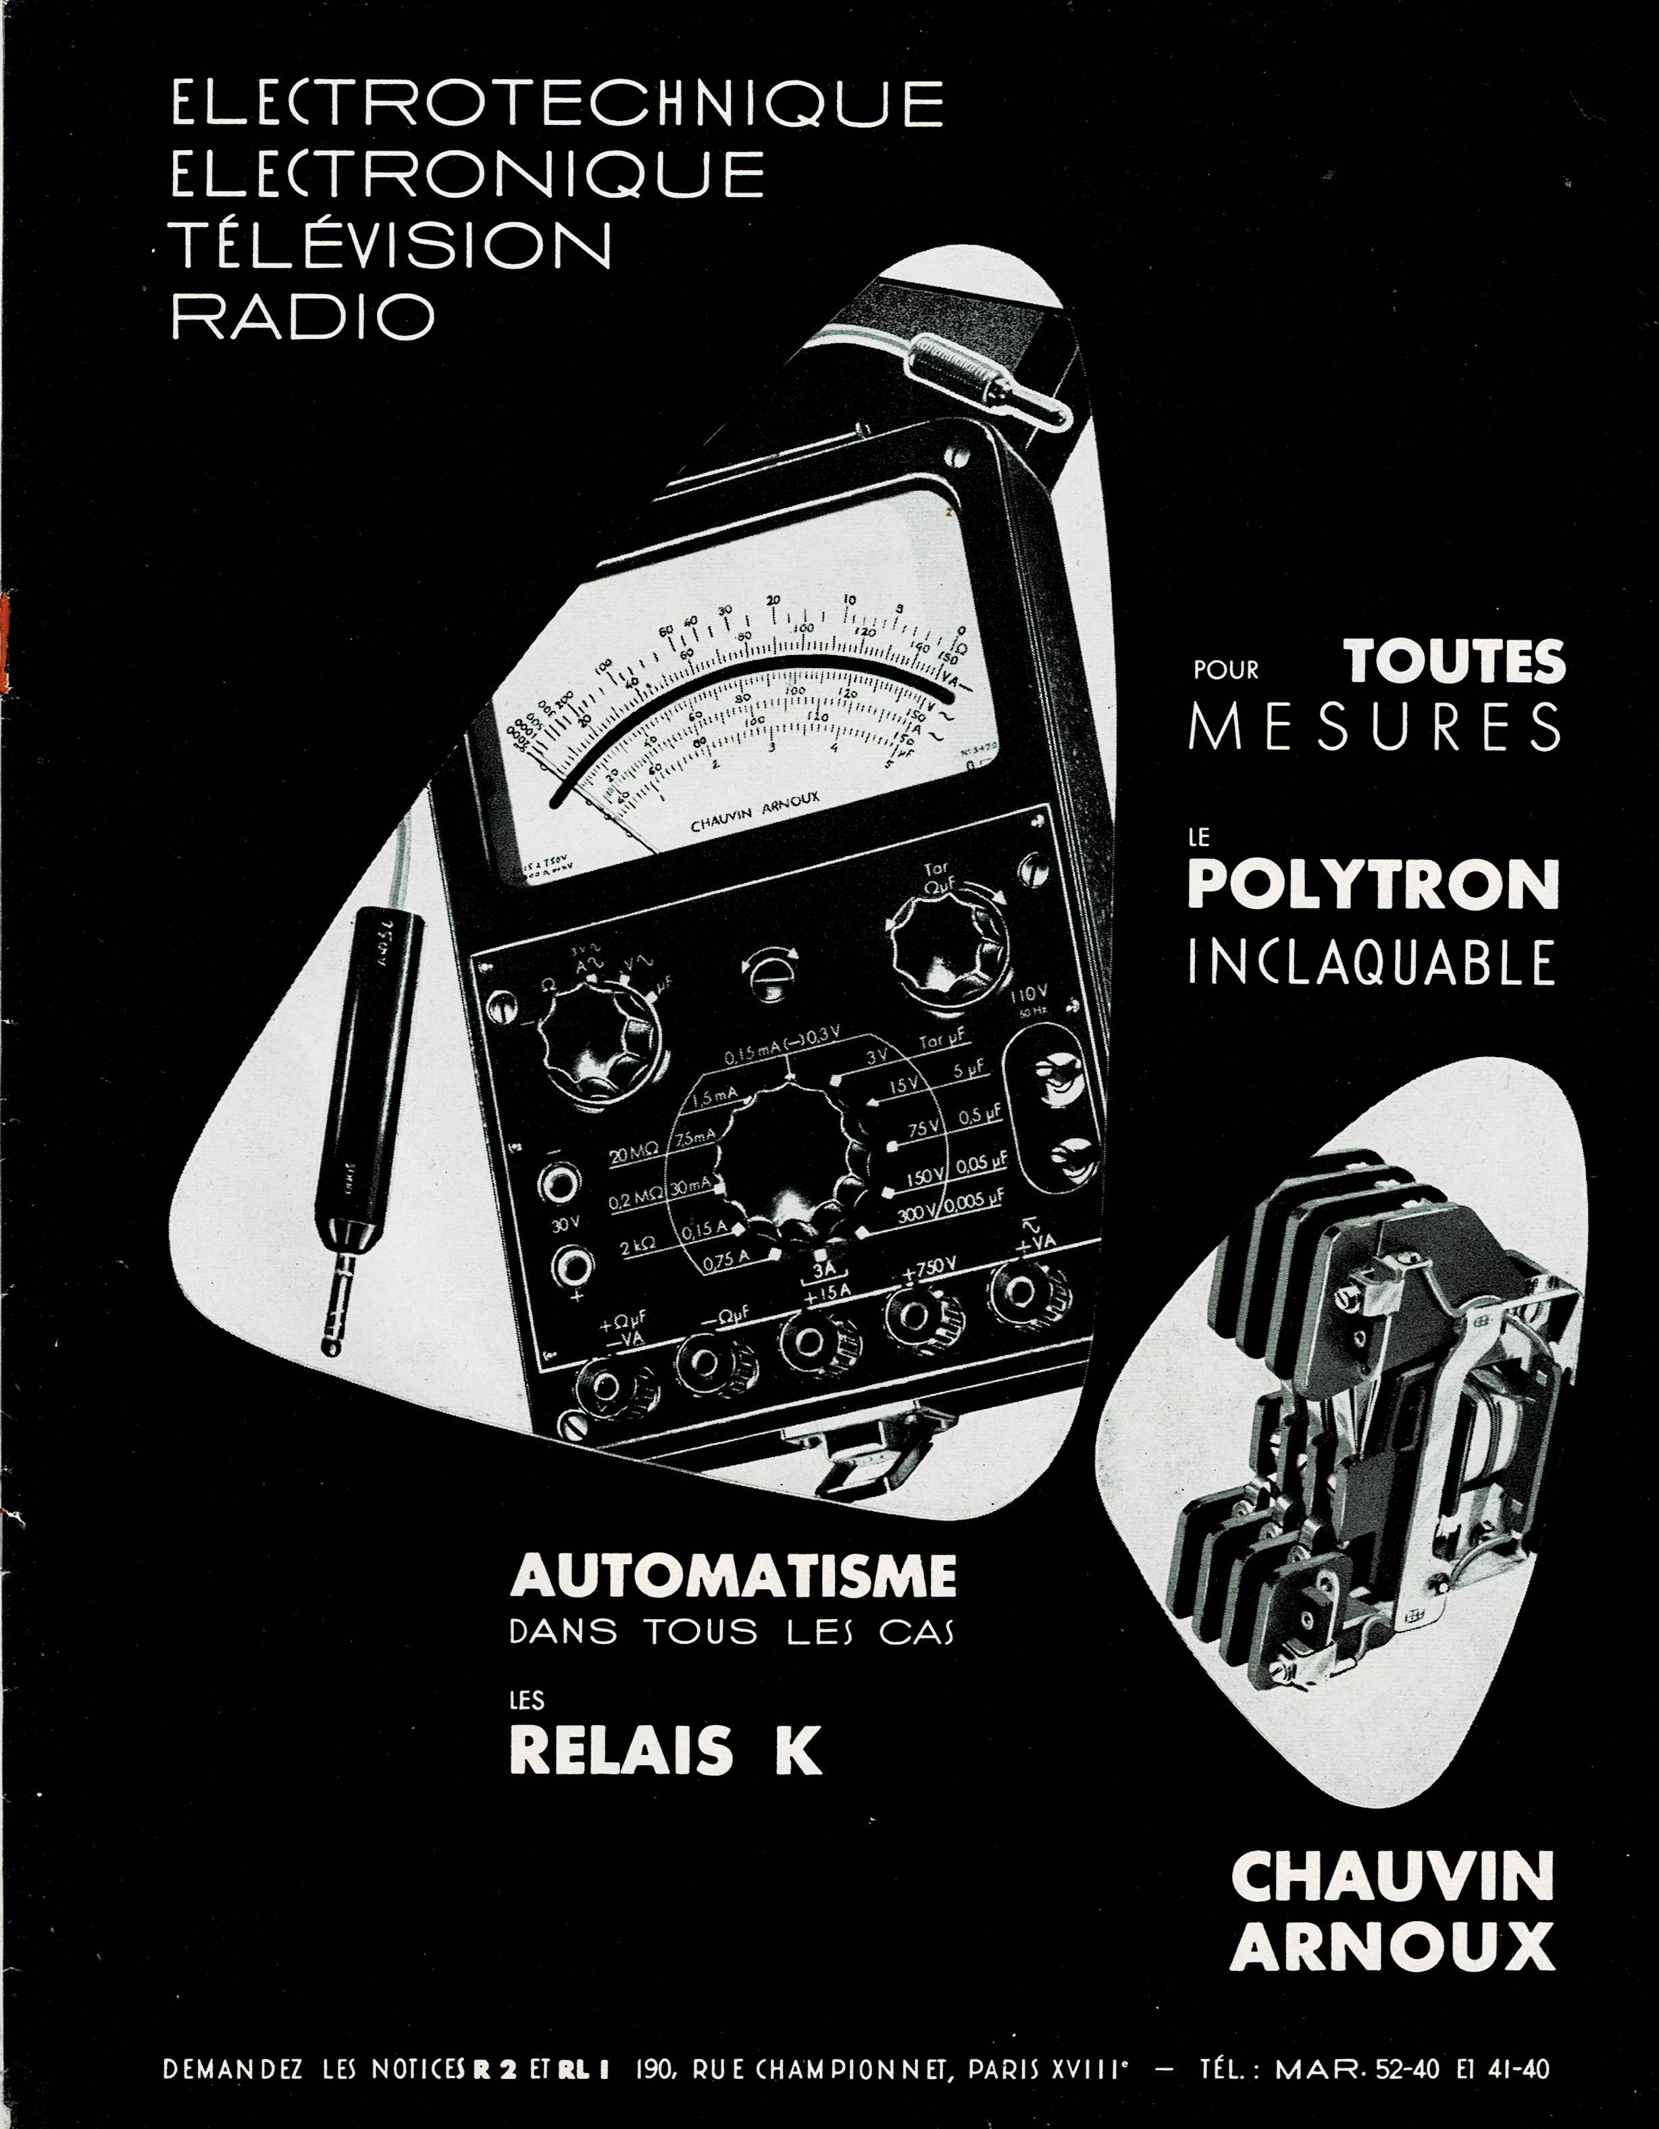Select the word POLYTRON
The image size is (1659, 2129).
coord(1373,884)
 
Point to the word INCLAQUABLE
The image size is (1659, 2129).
coord(1371,960)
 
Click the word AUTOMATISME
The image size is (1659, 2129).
coord(733,1575)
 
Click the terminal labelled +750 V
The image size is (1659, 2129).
coord(917,1315)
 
